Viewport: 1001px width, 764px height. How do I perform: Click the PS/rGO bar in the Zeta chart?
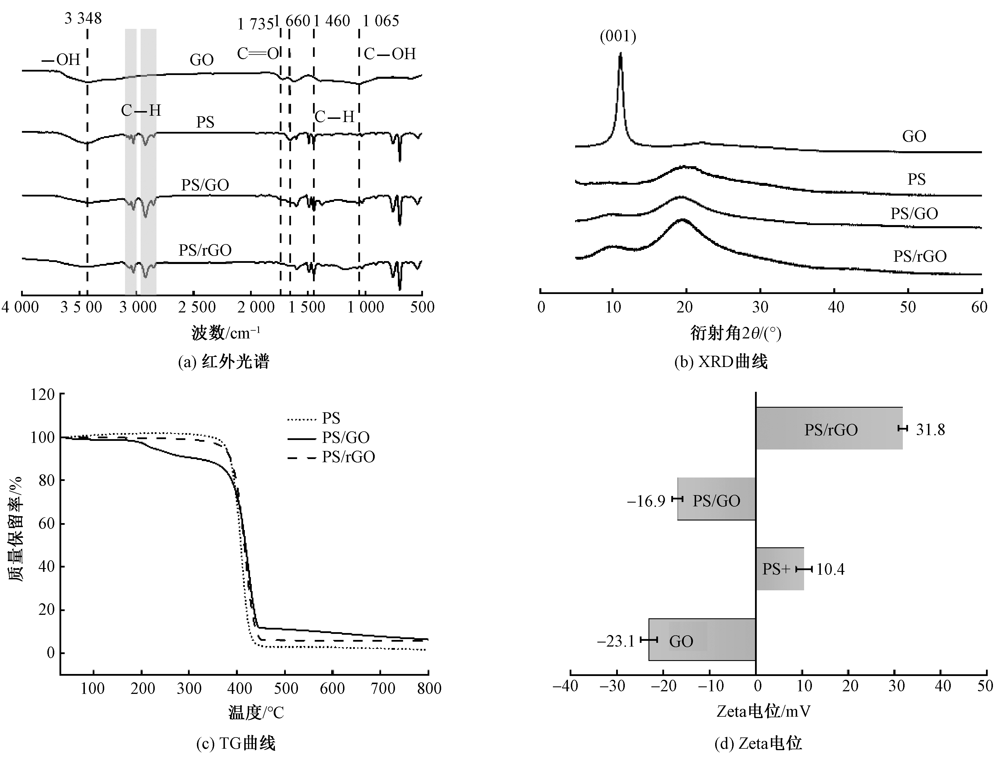[829, 428]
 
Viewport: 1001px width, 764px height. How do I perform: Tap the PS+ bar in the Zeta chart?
[780, 569]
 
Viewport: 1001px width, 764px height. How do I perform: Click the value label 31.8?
[930, 430]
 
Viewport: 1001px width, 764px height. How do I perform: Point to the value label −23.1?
[616, 641]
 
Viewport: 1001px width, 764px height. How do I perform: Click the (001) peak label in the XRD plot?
[618, 36]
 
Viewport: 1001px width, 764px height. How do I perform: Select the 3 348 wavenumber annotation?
[83, 19]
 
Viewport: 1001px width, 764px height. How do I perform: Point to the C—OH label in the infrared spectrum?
[390, 54]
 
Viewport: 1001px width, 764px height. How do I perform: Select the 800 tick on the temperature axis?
[429, 688]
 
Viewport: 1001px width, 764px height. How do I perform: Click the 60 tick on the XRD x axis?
[979, 308]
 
